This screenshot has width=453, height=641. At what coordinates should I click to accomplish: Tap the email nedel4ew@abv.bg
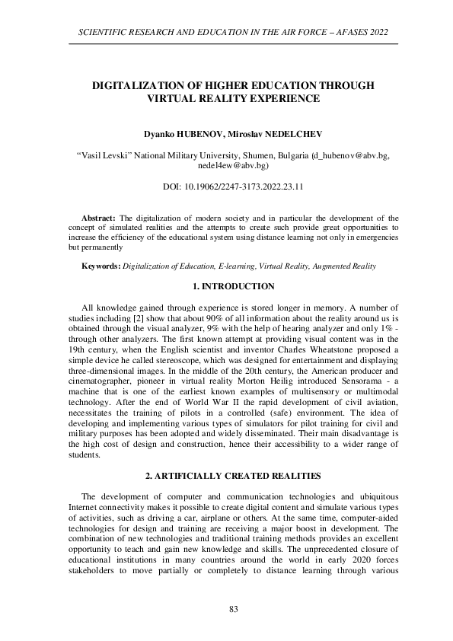tap(233, 164)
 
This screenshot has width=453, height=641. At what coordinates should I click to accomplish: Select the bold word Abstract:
tap(98, 218)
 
